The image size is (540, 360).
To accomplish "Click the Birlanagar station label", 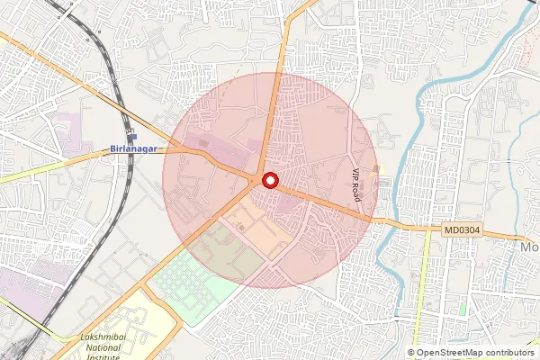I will point(136,148).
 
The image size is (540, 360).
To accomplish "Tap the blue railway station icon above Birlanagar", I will point(132,135).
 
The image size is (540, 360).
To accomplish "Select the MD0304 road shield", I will point(462,231).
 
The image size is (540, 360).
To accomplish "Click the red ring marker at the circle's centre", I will point(269,180).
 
